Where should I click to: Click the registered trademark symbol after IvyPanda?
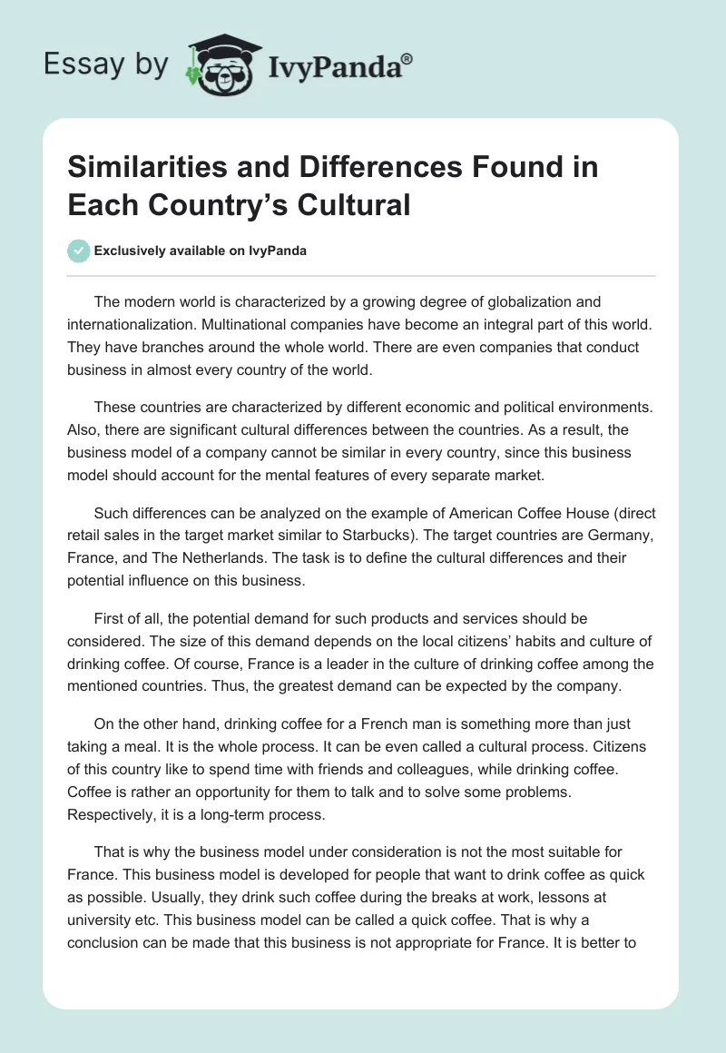pyautogui.click(x=407, y=60)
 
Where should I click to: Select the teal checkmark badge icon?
pyautogui.click(x=79, y=251)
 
